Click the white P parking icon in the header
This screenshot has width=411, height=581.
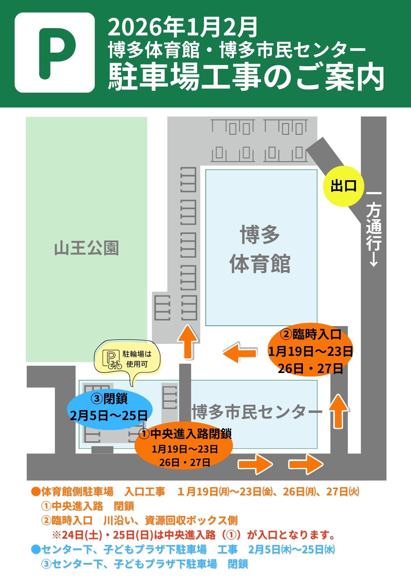point(55,53)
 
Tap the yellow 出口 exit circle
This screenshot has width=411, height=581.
point(344,186)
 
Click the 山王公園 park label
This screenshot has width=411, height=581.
point(87,248)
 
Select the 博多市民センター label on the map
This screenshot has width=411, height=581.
point(257,412)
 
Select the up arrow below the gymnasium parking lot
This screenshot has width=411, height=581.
point(189,342)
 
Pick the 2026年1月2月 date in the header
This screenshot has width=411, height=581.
point(183,27)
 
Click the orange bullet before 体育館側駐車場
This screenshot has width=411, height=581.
point(36,492)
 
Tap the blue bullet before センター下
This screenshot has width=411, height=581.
point(35,549)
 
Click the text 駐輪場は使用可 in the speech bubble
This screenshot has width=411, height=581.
point(137,359)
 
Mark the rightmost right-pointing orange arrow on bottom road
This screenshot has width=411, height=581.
point(305,464)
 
